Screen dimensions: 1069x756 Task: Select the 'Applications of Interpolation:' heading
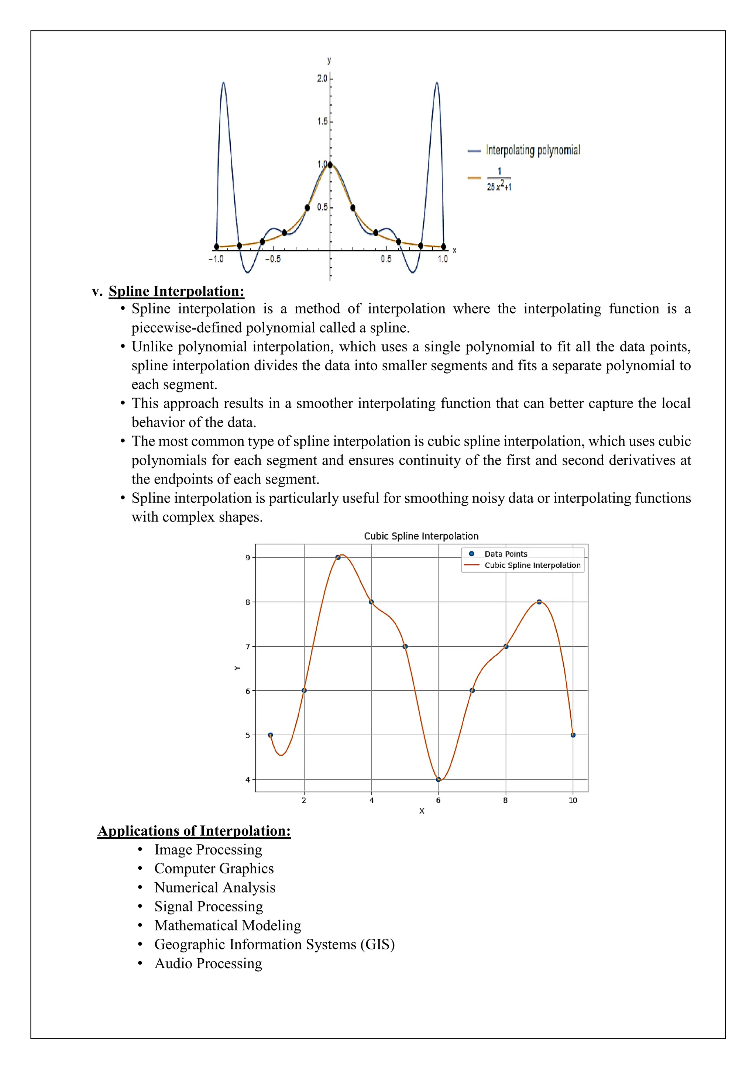click(194, 831)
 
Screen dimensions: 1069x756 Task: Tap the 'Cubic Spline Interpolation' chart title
click(421, 536)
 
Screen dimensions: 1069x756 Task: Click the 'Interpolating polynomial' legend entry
click(533, 150)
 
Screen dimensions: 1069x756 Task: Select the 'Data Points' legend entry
click(506, 554)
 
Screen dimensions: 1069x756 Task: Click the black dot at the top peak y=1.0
click(330, 165)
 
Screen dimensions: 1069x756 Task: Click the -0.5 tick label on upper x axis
click(273, 259)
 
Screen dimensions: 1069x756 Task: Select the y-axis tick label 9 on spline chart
click(248, 558)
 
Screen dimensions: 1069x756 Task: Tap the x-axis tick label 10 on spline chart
click(573, 800)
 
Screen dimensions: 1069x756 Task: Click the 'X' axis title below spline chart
click(422, 811)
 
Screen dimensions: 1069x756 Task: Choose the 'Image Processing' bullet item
click(208, 850)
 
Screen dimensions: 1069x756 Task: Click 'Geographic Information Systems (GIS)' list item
click(274, 944)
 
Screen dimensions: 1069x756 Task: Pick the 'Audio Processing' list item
click(208, 963)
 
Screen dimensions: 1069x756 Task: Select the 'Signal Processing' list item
click(209, 907)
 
